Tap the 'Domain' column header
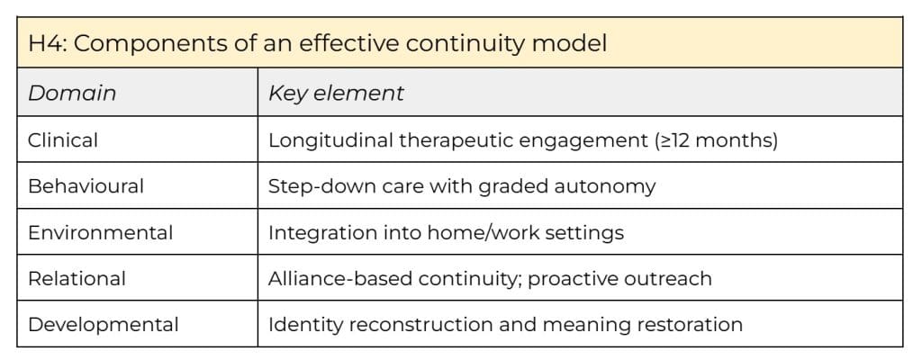72,93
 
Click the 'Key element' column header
336,93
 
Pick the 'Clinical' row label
63,139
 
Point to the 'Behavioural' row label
86,186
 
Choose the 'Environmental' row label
100,232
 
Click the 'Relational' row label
77,278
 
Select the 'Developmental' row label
104,325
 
